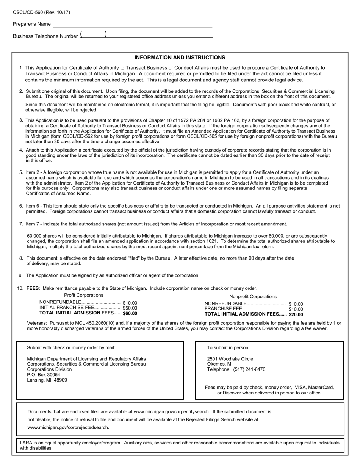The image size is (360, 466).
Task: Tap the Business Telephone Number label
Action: [45, 36]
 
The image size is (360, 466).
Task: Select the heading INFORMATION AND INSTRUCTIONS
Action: [180, 58]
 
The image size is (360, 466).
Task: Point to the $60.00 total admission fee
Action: [130, 313]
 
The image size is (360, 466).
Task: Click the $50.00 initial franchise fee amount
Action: [130, 308]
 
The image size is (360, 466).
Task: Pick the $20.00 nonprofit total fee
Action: [296, 314]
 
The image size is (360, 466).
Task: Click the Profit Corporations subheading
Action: [83, 295]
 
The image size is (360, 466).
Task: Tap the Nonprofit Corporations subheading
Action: [253, 297]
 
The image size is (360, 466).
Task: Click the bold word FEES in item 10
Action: [33, 288]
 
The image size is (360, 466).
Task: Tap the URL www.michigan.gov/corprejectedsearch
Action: [68, 427]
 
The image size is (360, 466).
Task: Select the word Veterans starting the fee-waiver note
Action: [37, 323]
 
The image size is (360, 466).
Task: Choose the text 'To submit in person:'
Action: [228, 348]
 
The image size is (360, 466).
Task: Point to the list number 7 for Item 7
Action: [21, 224]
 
